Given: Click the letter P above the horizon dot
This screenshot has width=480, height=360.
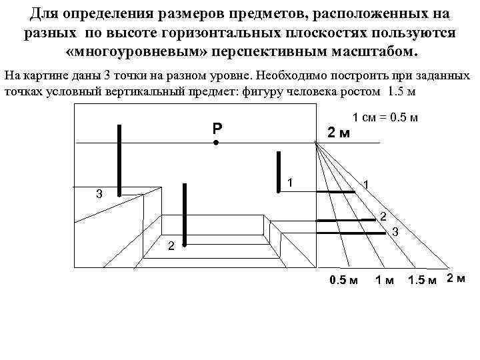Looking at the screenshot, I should (217, 129).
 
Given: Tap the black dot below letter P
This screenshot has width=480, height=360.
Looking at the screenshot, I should (216, 143).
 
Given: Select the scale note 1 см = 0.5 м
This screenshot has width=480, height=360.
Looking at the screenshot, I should (385, 117).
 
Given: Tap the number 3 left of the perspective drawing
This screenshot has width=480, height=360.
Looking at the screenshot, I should (99, 195).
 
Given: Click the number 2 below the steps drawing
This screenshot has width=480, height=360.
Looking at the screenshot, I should (171, 247).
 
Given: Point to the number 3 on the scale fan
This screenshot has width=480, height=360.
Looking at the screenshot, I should (395, 231).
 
